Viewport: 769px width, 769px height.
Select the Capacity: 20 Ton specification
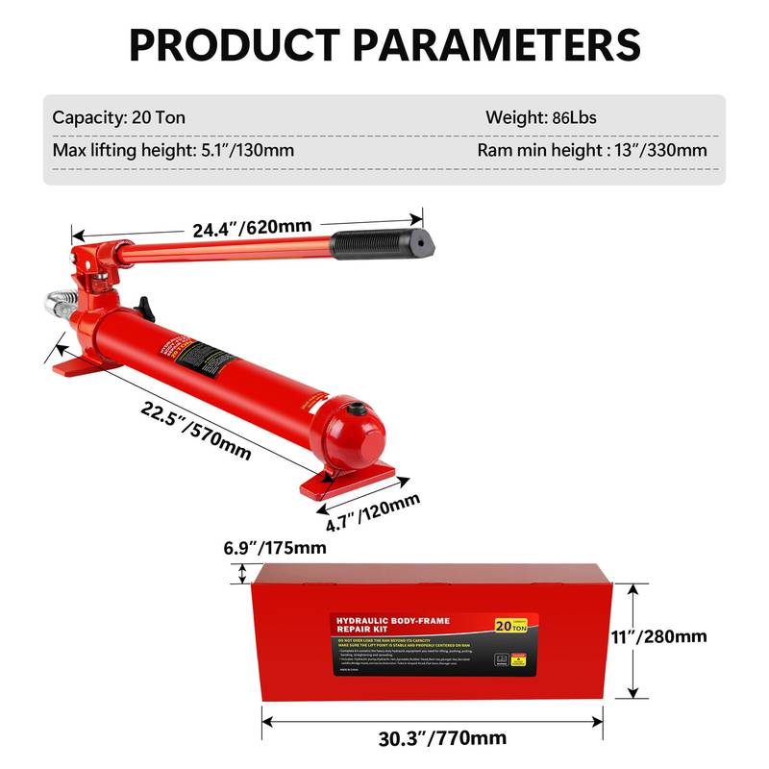coord(118,118)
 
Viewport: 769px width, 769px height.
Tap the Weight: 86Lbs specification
coord(540,118)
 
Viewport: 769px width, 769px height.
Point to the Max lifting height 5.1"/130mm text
coord(172,150)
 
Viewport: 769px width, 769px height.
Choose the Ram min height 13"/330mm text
coord(591,150)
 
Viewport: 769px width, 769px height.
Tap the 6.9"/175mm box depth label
coord(268,548)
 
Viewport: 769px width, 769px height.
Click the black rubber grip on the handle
coord(380,243)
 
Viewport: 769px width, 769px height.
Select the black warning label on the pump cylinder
coord(207,359)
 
